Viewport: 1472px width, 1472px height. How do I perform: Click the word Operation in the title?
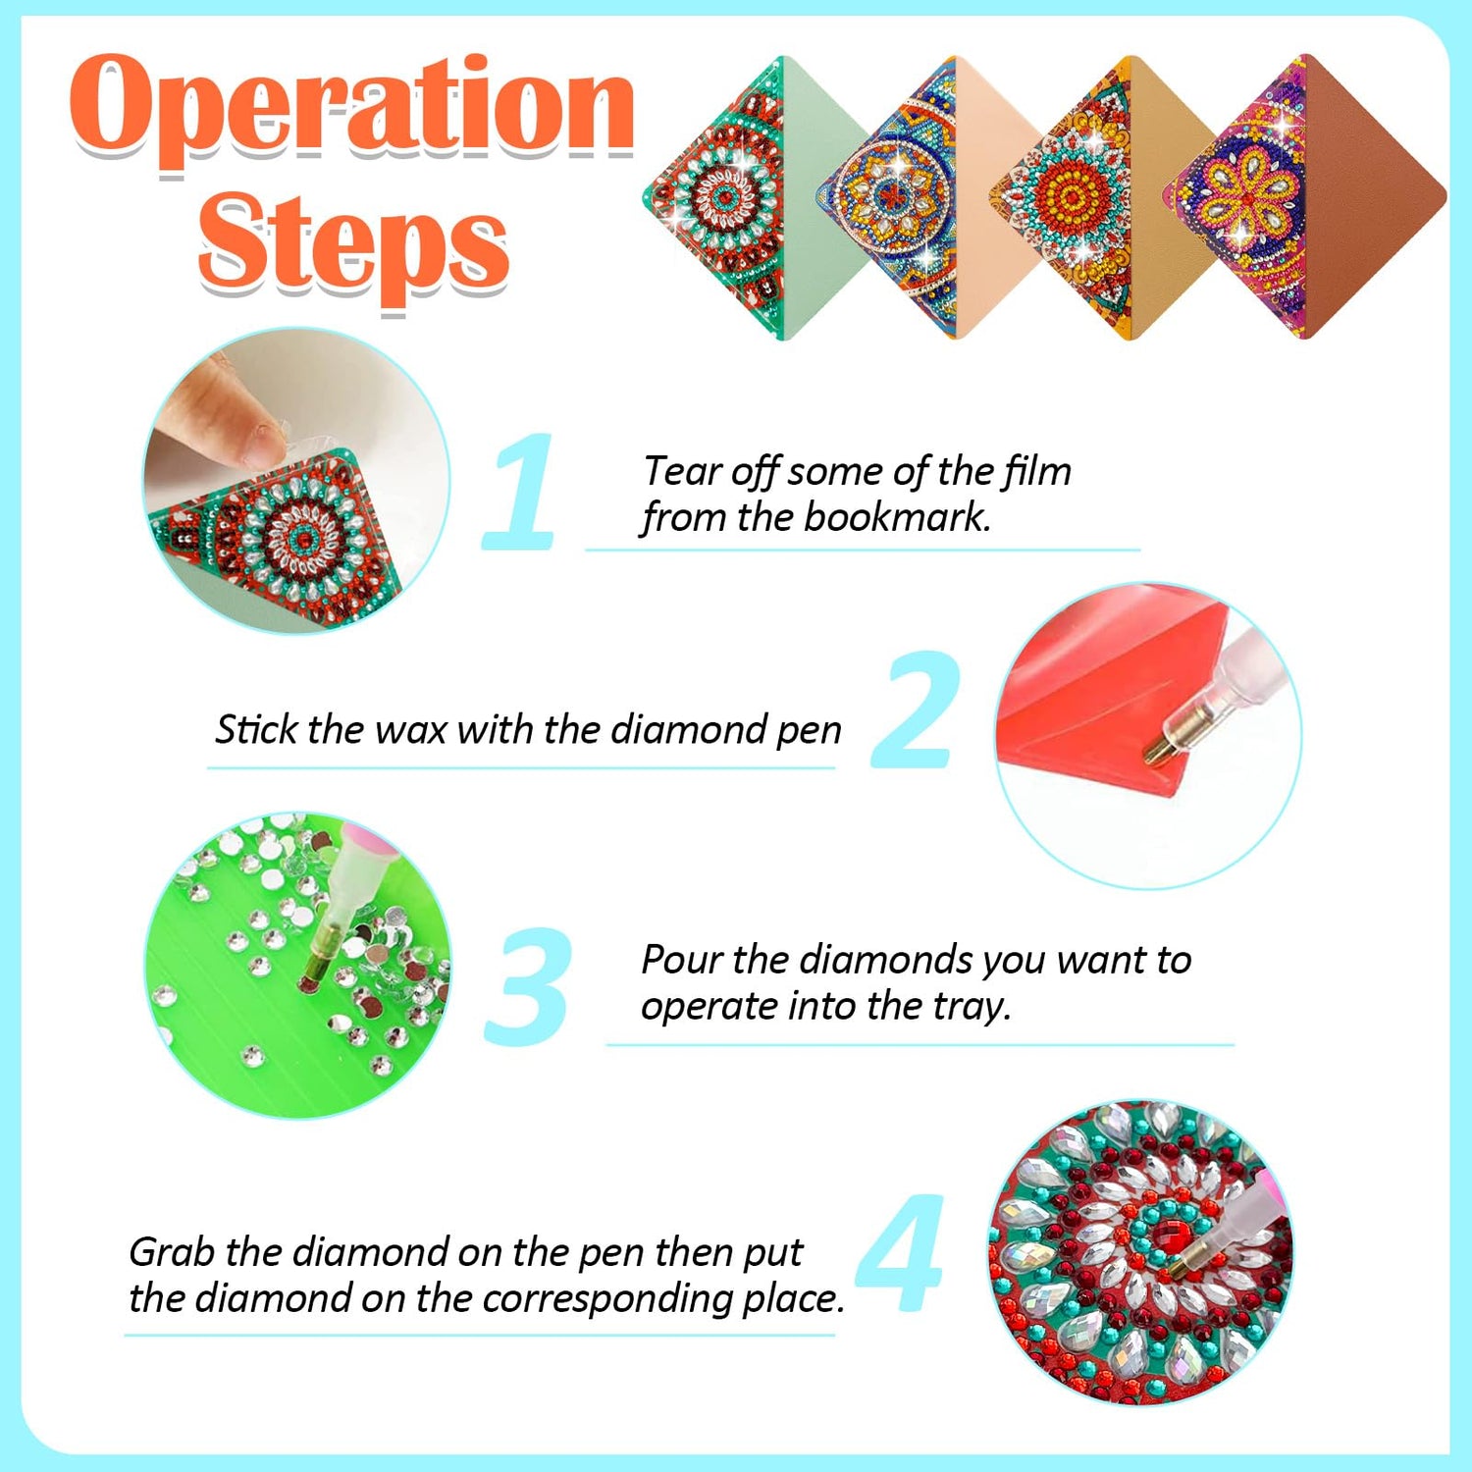352,110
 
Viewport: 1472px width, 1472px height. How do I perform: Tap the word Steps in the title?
353,245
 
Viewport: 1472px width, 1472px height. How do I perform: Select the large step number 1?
520,491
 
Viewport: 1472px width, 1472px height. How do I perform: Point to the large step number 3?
528,985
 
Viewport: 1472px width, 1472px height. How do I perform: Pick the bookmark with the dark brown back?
1305,196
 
